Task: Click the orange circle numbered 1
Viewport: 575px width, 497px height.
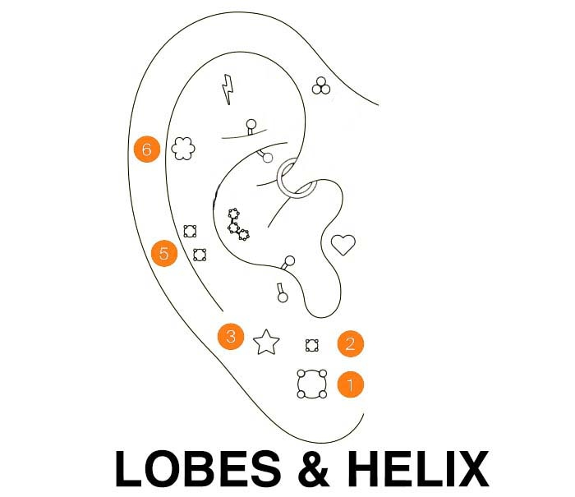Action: [x=350, y=384]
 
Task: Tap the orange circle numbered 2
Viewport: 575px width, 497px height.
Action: [x=350, y=343]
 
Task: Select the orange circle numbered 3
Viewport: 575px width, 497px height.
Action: [x=231, y=336]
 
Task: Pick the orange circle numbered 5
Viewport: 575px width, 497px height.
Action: [x=164, y=254]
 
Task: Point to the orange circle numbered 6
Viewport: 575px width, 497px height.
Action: [x=146, y=150]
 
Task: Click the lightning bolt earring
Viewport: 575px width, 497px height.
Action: [x=227, y=90]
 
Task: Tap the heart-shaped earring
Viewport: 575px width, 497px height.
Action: [x=343, y=244]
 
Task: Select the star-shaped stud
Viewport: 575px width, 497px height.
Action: [x=266, y=341]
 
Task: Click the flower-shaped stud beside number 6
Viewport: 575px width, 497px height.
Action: [x=182, y=149]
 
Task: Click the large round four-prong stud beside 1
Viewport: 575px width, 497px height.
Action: [x=311, y=384]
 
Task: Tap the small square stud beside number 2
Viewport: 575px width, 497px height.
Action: [x=311, y=345]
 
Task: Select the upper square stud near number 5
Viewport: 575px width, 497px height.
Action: [x=190, y=231]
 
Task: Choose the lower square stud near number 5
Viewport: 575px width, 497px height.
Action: [x=199, y=254]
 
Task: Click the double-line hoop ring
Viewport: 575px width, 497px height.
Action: [x=295, y=179]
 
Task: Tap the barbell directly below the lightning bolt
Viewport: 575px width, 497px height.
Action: [x=251, y=127]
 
